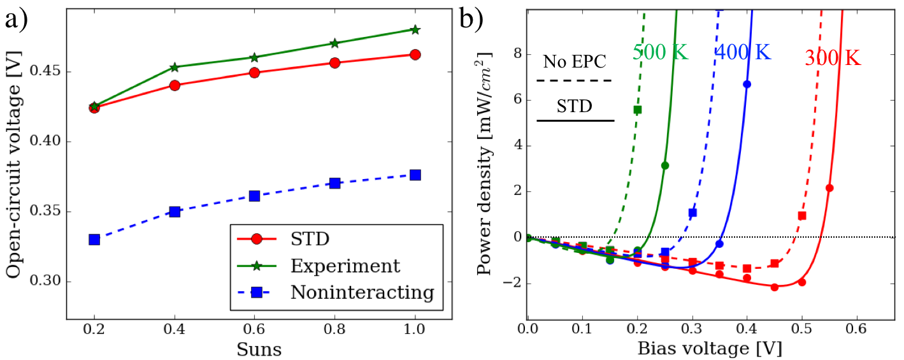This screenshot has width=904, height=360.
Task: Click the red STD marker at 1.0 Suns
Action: [415, 55]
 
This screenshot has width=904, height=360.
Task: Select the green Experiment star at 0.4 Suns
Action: [175, 67]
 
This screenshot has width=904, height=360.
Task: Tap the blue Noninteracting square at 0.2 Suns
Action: [94, 240]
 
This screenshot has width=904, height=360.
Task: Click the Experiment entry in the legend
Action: [345, 266]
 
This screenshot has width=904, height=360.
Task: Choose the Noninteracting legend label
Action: [362, 292]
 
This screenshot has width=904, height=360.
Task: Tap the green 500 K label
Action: [660, 52]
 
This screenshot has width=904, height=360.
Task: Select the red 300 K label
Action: [832, 59]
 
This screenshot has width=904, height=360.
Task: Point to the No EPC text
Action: [575, 62]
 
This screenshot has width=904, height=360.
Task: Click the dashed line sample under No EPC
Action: [575, 81]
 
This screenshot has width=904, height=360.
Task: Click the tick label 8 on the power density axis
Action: [516, 54]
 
